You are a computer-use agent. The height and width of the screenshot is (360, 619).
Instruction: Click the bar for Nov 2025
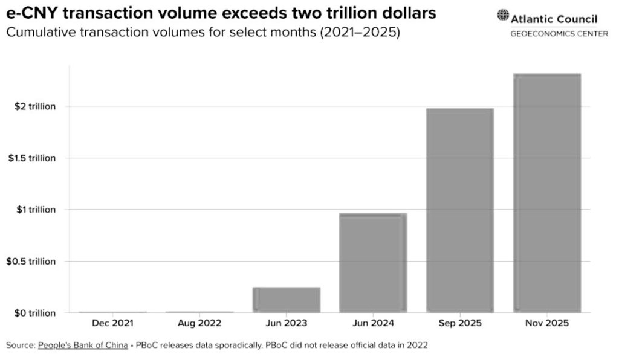546,193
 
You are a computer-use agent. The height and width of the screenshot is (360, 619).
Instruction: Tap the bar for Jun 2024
373,262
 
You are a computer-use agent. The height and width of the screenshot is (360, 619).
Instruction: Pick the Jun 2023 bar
286,300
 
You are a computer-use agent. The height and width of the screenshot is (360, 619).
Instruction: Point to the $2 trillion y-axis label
35,106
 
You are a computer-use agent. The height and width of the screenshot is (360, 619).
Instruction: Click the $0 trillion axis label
35,313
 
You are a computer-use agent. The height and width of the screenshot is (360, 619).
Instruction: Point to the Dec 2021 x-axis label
112,324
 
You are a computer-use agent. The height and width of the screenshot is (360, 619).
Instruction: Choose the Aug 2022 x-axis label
199,324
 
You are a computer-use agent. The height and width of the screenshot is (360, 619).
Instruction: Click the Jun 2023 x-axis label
286,324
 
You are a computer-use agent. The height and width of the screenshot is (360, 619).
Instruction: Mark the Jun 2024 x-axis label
373,324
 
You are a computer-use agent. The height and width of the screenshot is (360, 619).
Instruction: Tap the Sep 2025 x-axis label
460,324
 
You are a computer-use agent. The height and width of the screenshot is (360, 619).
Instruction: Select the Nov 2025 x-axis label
546,324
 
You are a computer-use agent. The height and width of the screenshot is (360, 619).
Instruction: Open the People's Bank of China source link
83,346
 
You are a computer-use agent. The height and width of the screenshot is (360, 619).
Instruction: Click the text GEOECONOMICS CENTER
559,34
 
